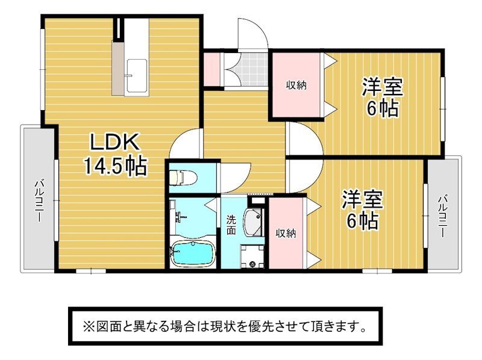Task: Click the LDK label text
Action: [x=114, y=142]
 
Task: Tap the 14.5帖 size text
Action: [x=115, y=166]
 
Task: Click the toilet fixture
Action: [x=183, y=178]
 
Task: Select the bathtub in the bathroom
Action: [x=193, y=253]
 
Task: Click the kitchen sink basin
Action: [x=137, y=76]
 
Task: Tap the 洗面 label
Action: [x=231, y=225]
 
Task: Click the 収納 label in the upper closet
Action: [x=296, y=85]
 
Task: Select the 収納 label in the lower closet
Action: [x=286, y=234]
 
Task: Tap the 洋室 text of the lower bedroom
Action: [x=363, y=200]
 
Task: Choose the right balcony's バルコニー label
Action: [x=442, y=216]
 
